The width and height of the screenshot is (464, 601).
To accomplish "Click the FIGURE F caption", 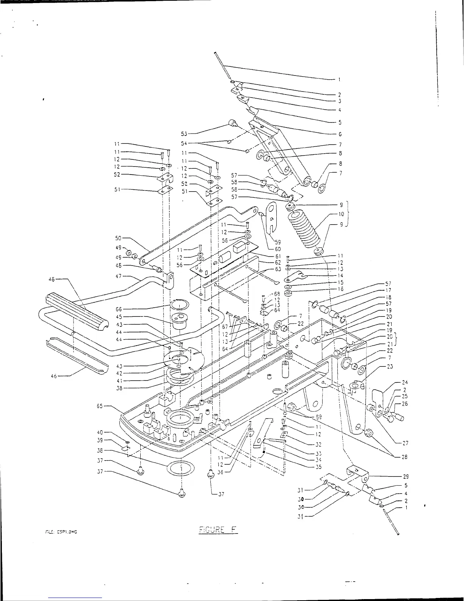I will tap(218, 530).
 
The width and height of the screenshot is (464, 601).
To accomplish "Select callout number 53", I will tap(184, 133).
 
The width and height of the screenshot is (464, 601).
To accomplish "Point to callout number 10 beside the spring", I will tap(341, 214).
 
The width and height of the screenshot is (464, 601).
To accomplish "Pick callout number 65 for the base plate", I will tap(100, 406).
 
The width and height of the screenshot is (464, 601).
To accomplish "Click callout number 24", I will tap(405, 382).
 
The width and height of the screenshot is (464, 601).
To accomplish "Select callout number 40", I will tap(100, 433).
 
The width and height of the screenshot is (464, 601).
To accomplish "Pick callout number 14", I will tap(340, 276).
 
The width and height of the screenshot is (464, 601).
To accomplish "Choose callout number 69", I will tap(318, 417).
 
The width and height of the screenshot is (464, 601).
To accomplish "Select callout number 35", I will tap(318, 467).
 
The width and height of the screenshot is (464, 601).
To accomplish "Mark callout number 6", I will tap(340, 134).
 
